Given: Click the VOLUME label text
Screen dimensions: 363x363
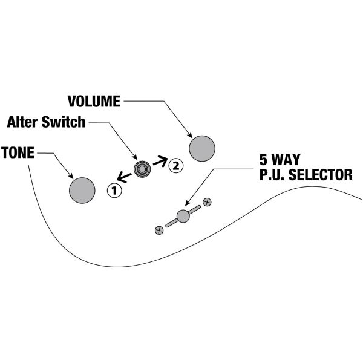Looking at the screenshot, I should (94, 100).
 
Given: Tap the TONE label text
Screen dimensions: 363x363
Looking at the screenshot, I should (18, 152).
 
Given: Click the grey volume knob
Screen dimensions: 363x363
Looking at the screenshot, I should (202, 148).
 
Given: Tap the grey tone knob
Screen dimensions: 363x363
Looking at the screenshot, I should (82, 189).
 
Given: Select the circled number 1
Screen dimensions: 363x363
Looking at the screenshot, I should (114, 191).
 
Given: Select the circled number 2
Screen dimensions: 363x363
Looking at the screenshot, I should (175, 164).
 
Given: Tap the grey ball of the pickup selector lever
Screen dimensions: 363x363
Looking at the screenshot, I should (183, 216).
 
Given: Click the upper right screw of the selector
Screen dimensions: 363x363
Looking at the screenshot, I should (207, 202).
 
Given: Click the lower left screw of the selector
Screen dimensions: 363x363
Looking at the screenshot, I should (159, 229).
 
